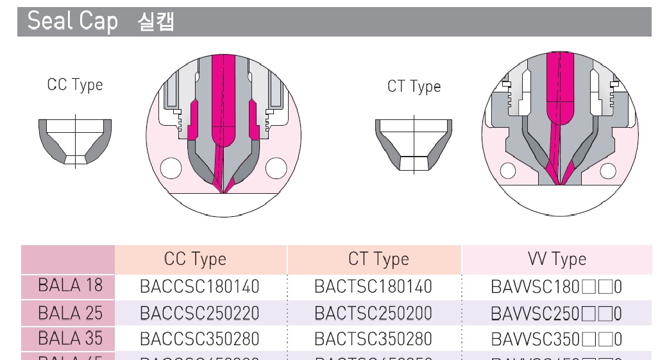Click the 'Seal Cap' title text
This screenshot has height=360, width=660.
pos(72,21)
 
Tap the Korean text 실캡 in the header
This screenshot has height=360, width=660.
pos(156,22)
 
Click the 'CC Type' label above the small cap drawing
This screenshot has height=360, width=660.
pos(75,85)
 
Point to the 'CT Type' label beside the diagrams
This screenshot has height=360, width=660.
pos(414,87)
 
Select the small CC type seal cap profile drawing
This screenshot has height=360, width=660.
pos(76,142)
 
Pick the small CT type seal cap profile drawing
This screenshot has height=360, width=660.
pos(413,144)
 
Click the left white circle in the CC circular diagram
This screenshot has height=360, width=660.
pos(171,168)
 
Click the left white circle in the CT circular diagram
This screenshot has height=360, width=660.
pos(508,171)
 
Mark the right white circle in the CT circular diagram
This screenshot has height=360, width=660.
pos(607,171)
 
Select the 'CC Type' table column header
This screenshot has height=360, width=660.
pos(195,259)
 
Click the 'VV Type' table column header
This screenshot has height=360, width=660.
pos(557,259)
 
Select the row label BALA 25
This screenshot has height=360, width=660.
pos(71,313)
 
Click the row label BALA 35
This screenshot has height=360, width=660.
pos(71,338)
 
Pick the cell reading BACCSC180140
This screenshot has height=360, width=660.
pos(199,286)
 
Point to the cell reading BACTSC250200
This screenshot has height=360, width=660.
pos(373,313)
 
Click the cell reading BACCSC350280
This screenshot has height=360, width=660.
pos(199,339)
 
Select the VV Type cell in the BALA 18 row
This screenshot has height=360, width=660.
pos(556,286)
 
